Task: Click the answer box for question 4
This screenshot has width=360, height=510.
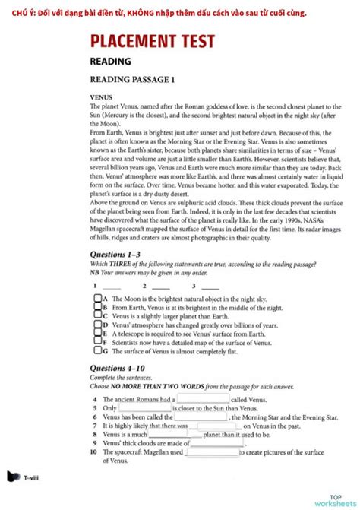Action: tap(203, 398)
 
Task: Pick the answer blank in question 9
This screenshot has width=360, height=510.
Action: tap(217, 443)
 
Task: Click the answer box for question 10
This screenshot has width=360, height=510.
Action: tap(212, 452)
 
